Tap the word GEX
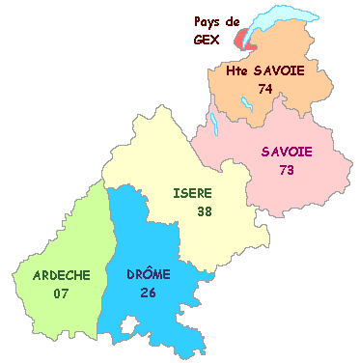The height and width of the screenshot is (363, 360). coord(206,40)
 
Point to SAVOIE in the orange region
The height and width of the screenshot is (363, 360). coord(278,71)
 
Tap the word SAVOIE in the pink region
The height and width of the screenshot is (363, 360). coord(286,152)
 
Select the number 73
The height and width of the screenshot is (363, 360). coord(286,170)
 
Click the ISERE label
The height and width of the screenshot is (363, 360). coord(192,193)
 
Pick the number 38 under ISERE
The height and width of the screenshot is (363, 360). coord(205,210)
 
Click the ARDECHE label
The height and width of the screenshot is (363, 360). coord(62,275)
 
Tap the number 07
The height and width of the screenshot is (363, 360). coord(62,293)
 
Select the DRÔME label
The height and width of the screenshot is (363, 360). coord(149,274)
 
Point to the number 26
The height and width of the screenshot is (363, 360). coord(149,292)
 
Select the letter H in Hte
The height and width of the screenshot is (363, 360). coord(231,71)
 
